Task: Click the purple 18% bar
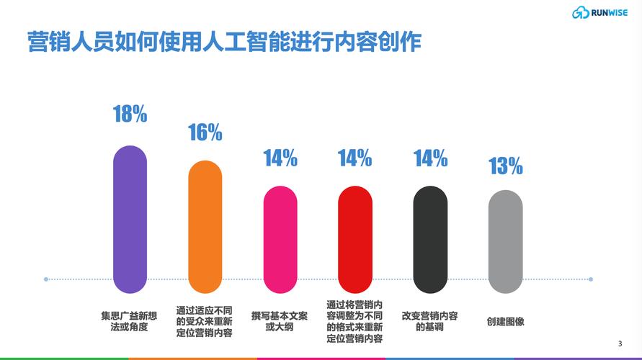pyautogui.click(x=130, y=219)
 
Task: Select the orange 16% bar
pyautogui.click(x=205, y=227)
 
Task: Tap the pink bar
pyautogui.click(x=280, y=240)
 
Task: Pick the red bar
pyautogui.click(x=355, y=240)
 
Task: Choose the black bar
pyautogui.click(x=430, y=240)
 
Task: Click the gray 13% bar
pyautogui.click(x=505, y=242)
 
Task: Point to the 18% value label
pyautogui.click(x=130, y=114)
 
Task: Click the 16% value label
pyautogui.click(x=205, y=132)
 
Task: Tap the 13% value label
pyautogui.click(x=505, y=167)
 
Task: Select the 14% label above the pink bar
pyautogui.click(x=280, y=158)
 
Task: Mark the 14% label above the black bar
pyautogui.click(x=430, y=158)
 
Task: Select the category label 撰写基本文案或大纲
pyautogui.click(x=280, y=321)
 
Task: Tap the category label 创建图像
pyautogui.click(x=505, y=321)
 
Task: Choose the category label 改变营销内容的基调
pyautogui.click(x=429, y=321)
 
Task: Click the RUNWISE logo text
pyautogui.click(x=609, y=12)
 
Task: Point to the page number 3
pyautogui.click(x=620, y=342)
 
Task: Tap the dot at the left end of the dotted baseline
pyautogui.click(x=46, y=279)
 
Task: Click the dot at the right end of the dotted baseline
pyautogui.click(x=591, y=279)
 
